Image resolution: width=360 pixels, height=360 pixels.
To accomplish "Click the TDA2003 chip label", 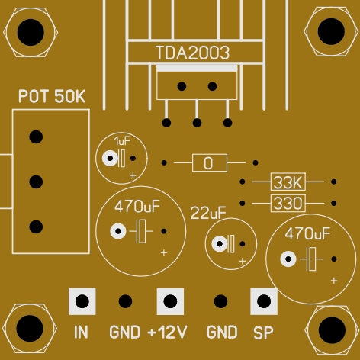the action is coord(193,53).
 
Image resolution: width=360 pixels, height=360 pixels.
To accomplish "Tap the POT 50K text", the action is coord(52,96).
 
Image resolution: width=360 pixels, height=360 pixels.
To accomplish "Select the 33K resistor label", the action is coord(288,182).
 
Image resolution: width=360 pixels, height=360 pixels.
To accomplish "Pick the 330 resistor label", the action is coord(288,204).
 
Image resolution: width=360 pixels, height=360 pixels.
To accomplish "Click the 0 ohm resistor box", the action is coord(210,162).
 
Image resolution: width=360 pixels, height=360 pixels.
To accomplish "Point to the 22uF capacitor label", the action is coord(208,213).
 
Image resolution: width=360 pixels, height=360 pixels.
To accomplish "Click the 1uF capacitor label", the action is coord(122,140).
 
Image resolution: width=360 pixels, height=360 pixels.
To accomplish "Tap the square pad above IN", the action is coord(82,301).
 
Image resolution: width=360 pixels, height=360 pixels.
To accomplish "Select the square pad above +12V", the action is coord(170,301).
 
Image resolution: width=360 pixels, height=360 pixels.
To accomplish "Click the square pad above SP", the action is coord(264,301).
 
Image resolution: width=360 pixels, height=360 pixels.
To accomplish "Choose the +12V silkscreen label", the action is coord(167,332).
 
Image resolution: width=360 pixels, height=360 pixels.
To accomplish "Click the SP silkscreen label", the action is coord(263,333).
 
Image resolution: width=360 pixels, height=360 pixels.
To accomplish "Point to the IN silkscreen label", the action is coord(81,332).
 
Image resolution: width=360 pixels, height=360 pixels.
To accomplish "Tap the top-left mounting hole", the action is coord(31,33).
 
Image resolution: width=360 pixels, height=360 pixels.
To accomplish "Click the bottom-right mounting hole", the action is coord(332,330).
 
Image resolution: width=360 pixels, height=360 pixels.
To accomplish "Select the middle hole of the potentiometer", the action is coord(36,182).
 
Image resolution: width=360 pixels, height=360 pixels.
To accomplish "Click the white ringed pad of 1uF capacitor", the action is coord(110,159).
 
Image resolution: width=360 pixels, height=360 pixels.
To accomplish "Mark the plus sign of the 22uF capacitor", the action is coord(243,261).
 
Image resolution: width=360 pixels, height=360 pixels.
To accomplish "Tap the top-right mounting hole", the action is coord(331,31).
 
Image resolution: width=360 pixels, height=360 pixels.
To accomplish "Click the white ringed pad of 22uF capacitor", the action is coord(220,244).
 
